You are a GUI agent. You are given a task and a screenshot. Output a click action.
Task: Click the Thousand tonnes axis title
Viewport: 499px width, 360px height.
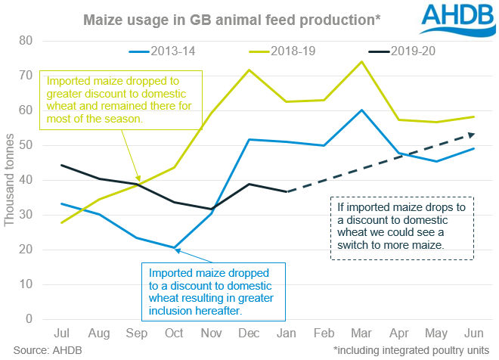point(10,180)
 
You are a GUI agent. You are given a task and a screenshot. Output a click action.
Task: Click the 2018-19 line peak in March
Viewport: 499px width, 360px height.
point(361,62)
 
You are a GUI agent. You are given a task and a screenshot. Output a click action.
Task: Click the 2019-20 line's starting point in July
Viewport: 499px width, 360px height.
point(62,165)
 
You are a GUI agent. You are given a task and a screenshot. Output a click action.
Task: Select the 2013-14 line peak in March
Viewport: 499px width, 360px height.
point(361,110)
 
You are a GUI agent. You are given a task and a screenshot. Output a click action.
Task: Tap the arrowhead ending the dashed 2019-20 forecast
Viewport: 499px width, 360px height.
point(473,135)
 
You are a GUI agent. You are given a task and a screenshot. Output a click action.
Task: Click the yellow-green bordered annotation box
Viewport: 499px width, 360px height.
point(122,99)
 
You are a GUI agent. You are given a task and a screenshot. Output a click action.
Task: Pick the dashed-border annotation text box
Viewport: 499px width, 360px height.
point(402,228)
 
